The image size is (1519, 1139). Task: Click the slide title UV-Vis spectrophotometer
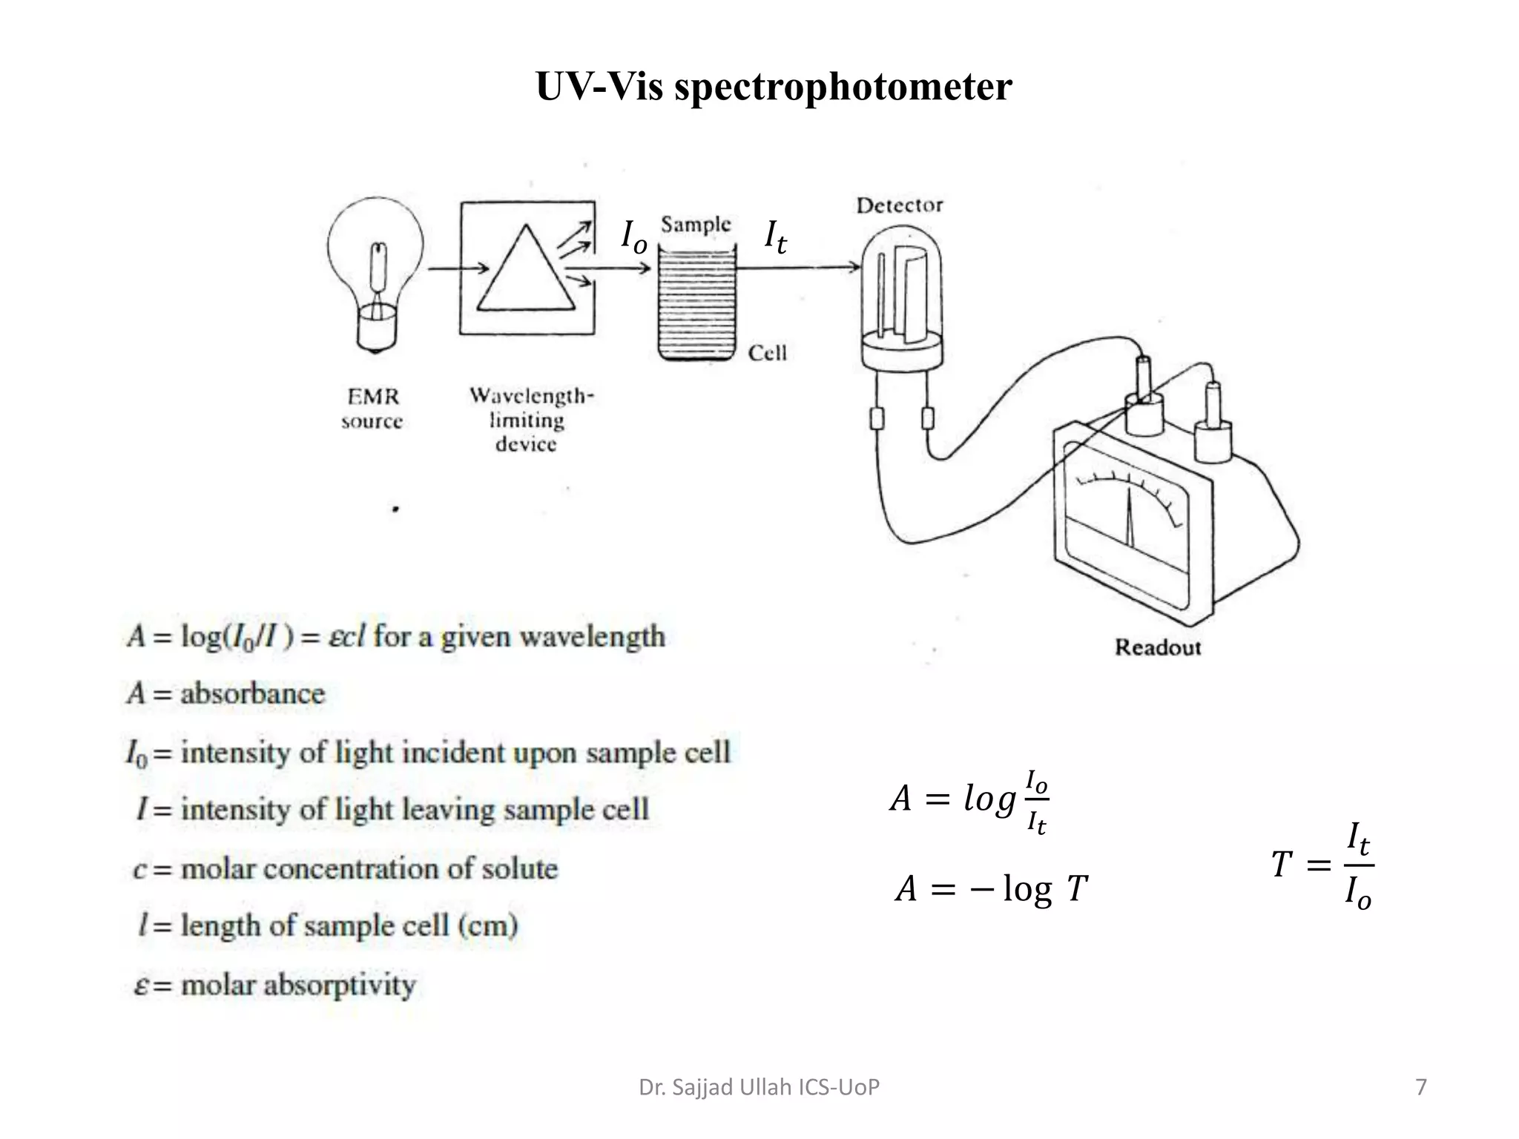[x=773, y=87]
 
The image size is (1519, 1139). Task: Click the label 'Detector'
[x=899, y=205]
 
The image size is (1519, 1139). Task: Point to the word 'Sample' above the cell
[x=695, y=224]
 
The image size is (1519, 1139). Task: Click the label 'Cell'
[x=767, y=353]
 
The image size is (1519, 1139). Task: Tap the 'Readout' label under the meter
[x=1157, y=647]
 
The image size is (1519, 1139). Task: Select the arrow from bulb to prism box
[x=458, y=268]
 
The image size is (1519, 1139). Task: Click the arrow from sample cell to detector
[x=797, y=266]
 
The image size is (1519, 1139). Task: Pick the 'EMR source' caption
[x=372, y=409]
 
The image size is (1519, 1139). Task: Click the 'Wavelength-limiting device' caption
[x=530, y=420]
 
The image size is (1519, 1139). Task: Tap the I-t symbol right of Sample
[x=775, y=237]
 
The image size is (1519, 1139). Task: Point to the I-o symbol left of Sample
[x=633, y=237]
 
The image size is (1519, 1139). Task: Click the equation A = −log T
[x=991, y=888]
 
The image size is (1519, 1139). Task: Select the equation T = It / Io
[x=1322, y=865]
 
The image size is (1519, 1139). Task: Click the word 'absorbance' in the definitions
[x=252, y=694]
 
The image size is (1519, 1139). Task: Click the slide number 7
[x=1420, y=1087]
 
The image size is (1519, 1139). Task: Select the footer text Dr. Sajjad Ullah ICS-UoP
[x=759, y=1087]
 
